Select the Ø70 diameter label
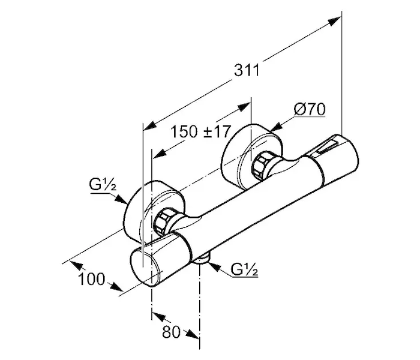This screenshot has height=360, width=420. coord(310,110)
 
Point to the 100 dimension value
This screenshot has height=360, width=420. coord(91,279)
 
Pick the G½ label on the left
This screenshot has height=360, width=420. coord(101,186)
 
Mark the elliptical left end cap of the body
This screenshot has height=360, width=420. coord(145,268)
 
